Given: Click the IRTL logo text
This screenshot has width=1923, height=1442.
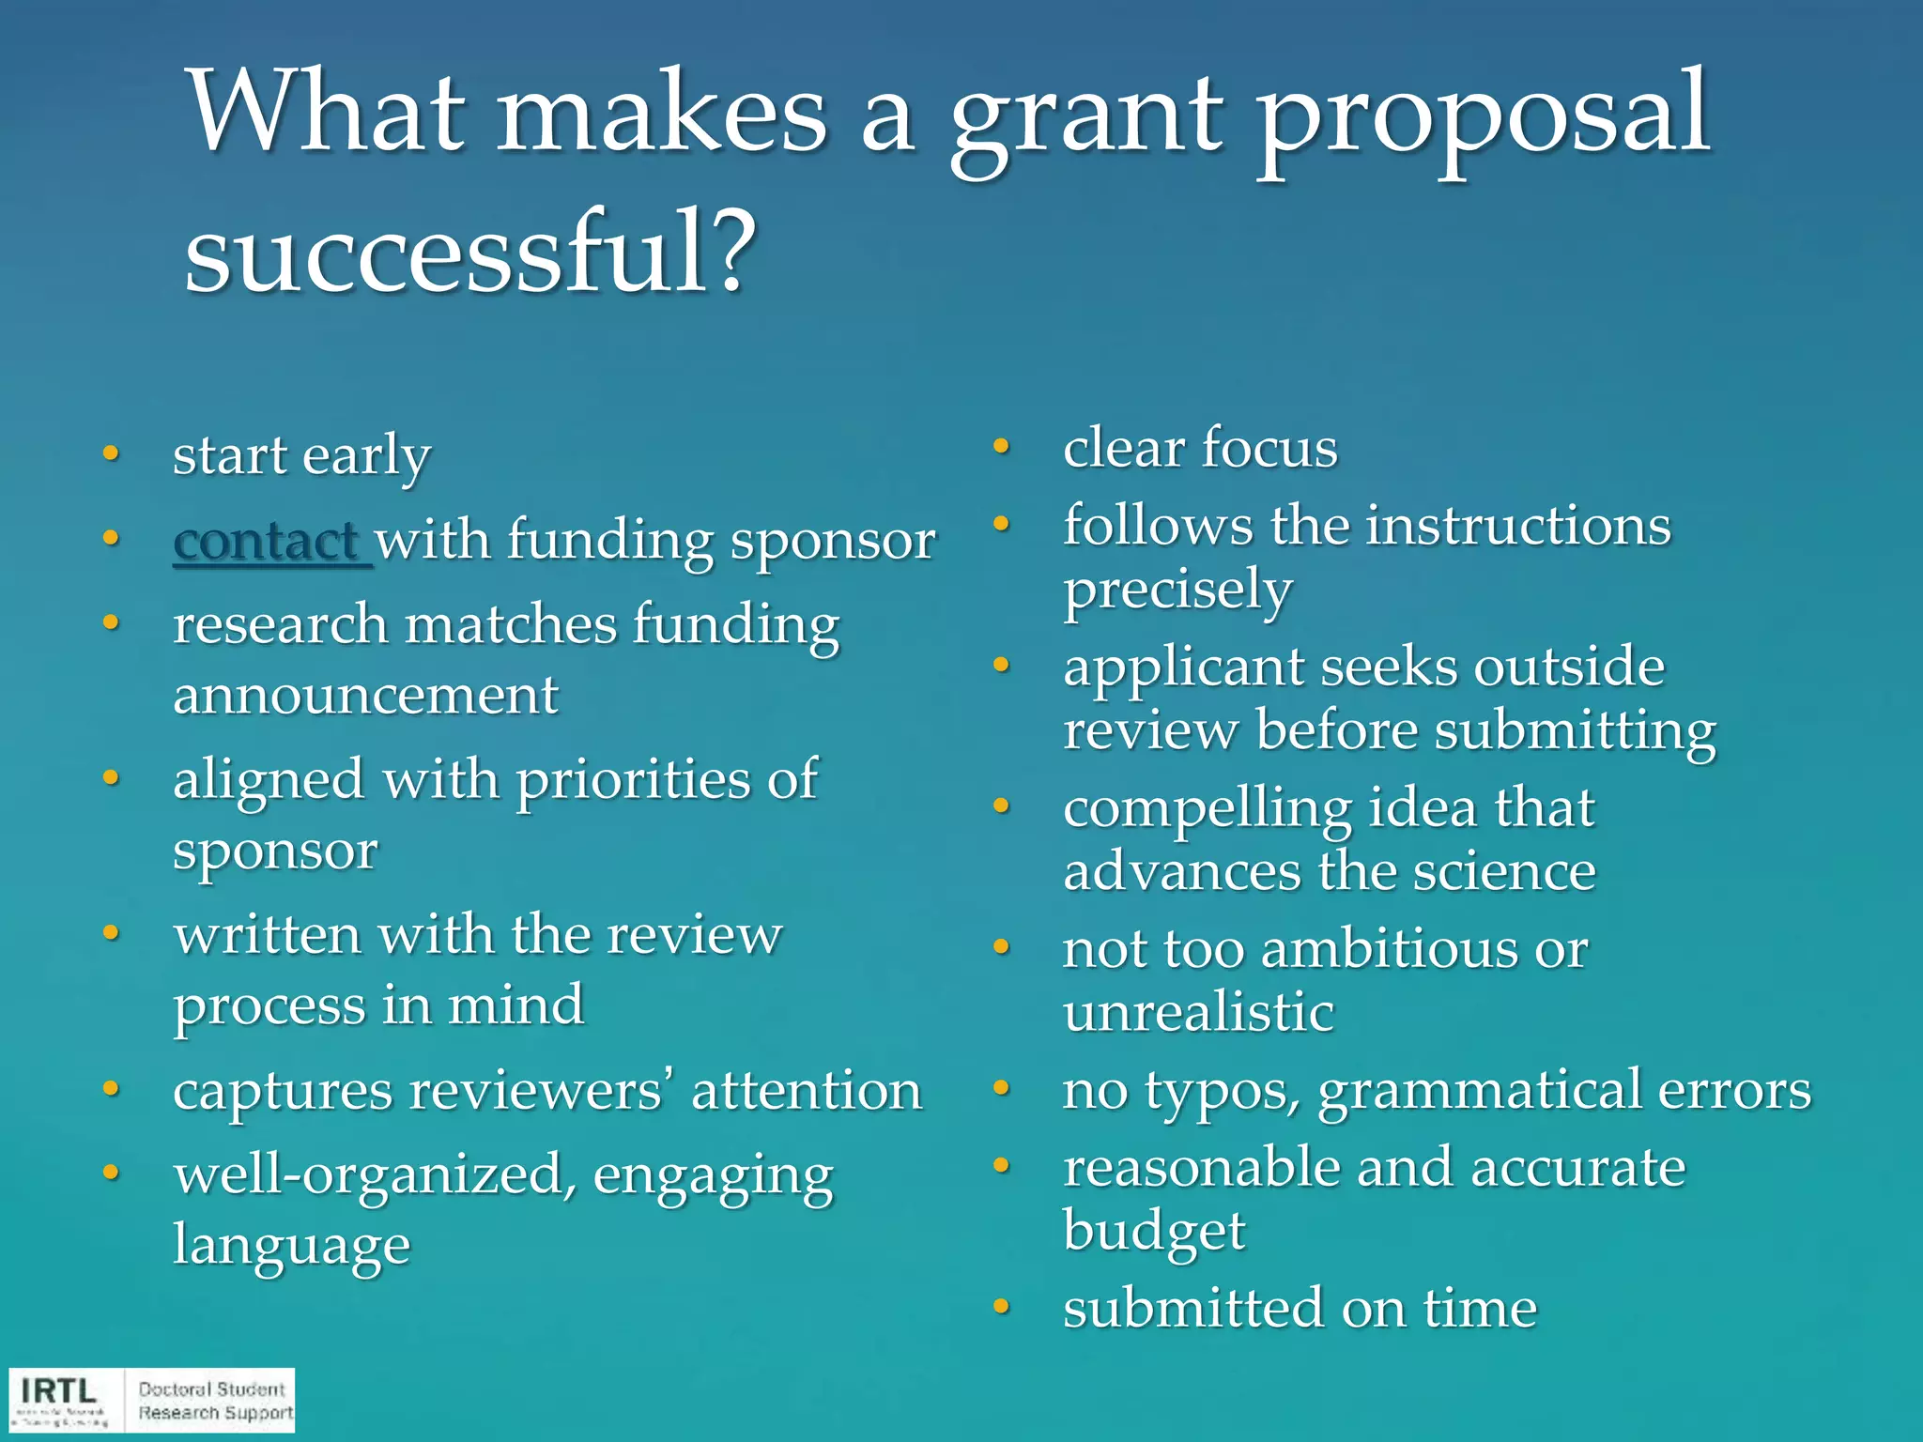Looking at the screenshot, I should click(x=58, y=1390).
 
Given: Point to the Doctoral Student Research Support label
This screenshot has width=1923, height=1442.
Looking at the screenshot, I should click(x=215, y=1401).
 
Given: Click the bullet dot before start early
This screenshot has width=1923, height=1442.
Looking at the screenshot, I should click(x=112, y=454).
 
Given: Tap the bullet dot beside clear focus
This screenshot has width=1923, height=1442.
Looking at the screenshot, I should click(x=1002, y=447).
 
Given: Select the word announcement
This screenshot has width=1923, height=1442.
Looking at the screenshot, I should click(x=366, y=696).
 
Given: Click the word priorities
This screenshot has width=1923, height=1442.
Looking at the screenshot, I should click(x=634, y=780).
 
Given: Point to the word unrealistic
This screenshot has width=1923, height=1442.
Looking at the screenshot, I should click(x=1198, y=1013).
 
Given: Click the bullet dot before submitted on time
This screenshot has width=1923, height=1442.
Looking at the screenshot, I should click(x=1002, y=1307).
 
